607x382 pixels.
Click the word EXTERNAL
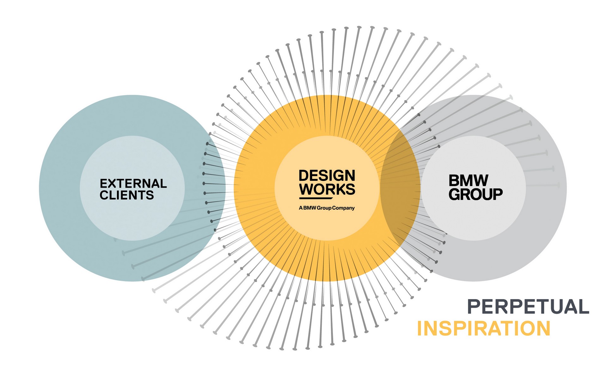coord(133,183)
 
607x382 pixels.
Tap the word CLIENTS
coord(126,195)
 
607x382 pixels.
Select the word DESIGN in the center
coord(327,176)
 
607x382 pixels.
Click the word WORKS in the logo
coord(327,189)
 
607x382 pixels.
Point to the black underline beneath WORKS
coord(316,199)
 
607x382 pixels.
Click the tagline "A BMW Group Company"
coord(327,208)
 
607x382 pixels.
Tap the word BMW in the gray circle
coord(469,181)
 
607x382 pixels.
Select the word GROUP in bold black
coord(475,194)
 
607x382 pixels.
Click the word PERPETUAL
coord(528,306)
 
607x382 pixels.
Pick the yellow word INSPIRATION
coord(484,328)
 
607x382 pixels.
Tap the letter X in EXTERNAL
coord(113,183)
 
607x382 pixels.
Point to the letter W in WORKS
coord(307,189)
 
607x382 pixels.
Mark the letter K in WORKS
coord(340,189)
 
